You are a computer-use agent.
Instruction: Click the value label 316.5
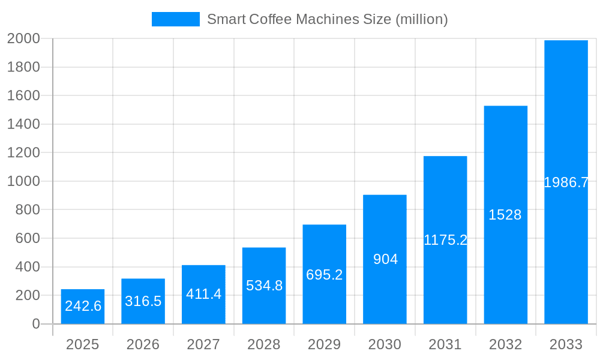[x=143, y=301]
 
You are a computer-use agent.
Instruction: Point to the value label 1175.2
[x=445, y=240]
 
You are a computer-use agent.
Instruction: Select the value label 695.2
[x=325, y=275]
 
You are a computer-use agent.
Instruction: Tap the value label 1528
[x=505, y=215]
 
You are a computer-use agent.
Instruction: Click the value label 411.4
[x=203, y=294]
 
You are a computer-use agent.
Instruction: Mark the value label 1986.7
[x=566, y=182]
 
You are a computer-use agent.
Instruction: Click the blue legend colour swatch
[x=175, y=19]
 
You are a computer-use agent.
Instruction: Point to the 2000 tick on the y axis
[x=23, y=38]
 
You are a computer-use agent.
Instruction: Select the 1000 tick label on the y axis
[x=23, y=181]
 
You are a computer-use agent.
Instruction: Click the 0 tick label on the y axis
[x=36, y=324]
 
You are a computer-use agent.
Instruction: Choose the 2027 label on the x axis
[x=203, y=344]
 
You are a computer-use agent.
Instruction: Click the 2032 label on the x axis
[x=505, y=344]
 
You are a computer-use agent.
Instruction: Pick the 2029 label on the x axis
[x=325, y=344]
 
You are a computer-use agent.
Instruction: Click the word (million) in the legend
[x=421, y=19]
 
